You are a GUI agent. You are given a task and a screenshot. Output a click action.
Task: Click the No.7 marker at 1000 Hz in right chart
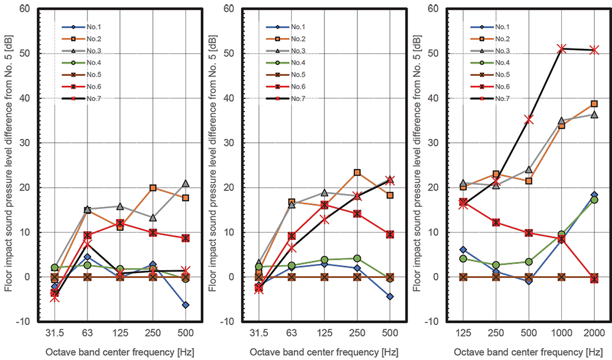[x=561, y=48]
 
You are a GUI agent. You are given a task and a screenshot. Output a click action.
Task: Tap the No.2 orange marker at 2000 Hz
[x=594, y=104]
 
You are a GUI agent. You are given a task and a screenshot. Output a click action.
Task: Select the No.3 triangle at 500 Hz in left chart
[x=185, y=183]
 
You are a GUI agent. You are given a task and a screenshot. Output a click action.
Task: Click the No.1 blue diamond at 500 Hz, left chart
[x=185, y=305]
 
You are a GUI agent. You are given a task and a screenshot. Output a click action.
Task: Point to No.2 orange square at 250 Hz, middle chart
[x=357, y=173]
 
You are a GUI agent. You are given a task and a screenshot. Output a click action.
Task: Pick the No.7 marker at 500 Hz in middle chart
[x=390, y=181]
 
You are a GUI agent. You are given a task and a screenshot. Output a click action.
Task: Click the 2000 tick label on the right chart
[x=594, y=333]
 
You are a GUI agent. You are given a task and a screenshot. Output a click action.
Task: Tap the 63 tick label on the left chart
[x=87, y=333]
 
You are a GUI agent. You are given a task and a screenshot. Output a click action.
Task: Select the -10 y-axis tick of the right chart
[x=432, y=321]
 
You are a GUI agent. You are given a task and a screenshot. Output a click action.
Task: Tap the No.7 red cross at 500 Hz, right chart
[x=529, y=119]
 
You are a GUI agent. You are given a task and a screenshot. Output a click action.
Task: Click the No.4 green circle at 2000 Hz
[x=594, y=200]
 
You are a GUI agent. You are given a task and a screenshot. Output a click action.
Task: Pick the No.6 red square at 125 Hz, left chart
[x=120, y=223]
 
